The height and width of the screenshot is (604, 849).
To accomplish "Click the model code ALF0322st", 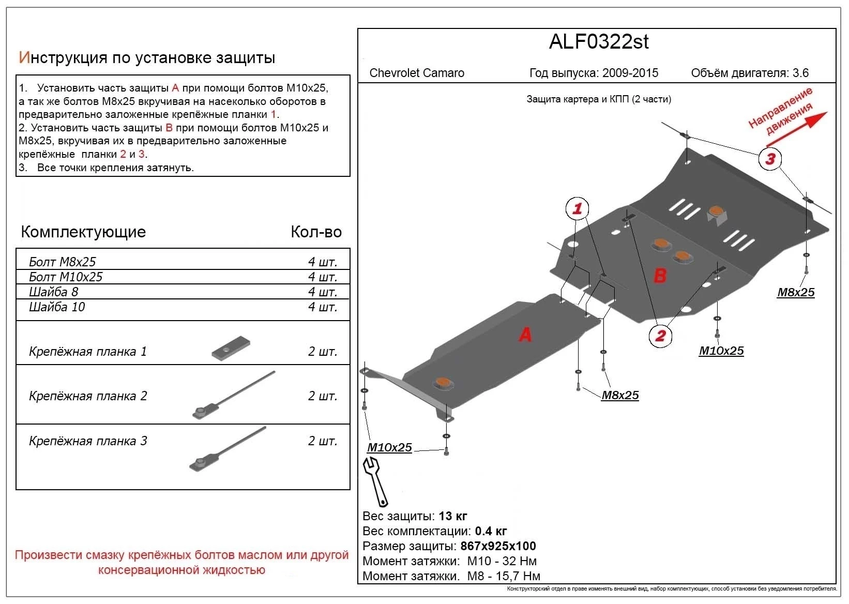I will coord(598,42).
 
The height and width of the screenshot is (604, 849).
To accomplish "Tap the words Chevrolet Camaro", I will coord(417,73).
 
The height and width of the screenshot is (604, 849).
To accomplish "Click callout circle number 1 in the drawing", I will coord(577,208).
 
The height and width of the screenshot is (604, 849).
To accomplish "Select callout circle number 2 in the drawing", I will coord(660,336).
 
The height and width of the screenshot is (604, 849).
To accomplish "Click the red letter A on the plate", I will coord(525,335).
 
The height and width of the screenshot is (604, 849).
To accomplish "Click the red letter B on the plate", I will coord(660,275).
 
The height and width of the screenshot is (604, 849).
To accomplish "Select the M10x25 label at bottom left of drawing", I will coord(389,448).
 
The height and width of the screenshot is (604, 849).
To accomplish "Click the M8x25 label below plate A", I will coord(620,396).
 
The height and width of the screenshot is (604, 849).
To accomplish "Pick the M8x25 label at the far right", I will coord(796,293).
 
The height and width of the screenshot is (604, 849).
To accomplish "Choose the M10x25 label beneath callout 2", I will coord(721,351).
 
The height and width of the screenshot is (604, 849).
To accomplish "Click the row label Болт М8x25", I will coord(63,262).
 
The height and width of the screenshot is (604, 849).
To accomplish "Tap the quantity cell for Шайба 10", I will coord(322,307).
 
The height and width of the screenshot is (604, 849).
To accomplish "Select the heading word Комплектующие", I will coord(83,232).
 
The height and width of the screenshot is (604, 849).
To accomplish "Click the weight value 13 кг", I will coord(453,516).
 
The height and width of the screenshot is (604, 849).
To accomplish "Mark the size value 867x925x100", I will coord(497,546).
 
